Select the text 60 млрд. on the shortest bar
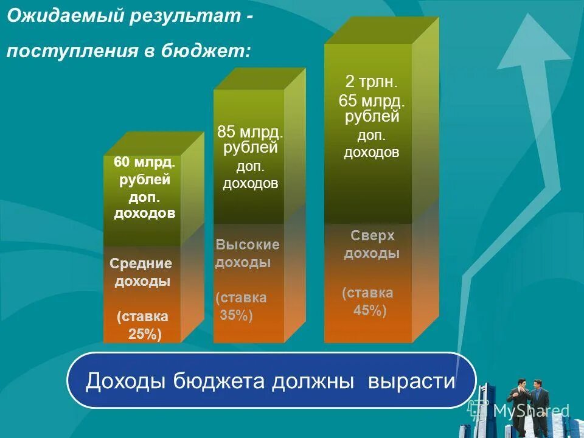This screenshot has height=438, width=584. pos(145,163)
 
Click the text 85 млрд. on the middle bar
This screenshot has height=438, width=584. pos(250,132)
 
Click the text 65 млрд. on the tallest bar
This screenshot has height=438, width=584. pos(372,102)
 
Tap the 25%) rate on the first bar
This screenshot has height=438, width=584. pos(145,334)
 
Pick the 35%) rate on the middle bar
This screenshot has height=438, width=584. pos(236,315)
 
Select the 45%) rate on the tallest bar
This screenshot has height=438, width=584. pos(370,310)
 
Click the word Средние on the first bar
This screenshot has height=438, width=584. pos(141,263)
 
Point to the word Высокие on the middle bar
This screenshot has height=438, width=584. pos(248,245)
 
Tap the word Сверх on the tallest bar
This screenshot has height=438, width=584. pos(372,235)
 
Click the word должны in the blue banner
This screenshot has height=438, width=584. pos(312,381)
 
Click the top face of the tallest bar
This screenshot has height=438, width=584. pos(382,30)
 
